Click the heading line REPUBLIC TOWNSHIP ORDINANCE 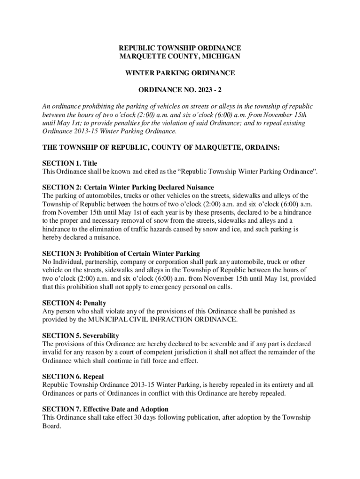[180, 48]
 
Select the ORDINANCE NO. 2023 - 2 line [180, 90]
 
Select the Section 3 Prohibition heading [121, 254]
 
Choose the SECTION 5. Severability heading [80, 335]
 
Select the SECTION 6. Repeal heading [73, 377]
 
